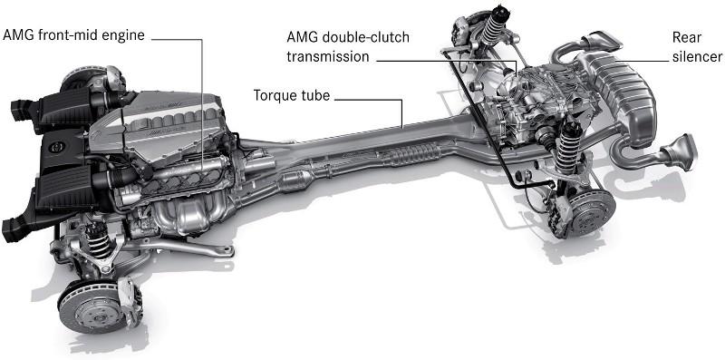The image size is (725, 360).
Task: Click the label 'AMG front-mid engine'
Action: point(74,35)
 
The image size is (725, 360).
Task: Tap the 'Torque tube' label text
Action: point(291,96)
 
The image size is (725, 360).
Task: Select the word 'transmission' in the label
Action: point(328,56)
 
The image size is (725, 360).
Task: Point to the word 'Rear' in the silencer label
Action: point(687,36)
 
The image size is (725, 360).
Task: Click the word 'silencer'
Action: point(697,56)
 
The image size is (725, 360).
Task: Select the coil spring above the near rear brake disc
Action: point(568,148)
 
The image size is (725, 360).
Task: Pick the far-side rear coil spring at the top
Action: point(494,25)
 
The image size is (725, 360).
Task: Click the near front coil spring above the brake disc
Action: point(98,239)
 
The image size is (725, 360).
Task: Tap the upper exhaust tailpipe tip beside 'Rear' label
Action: point(603,42)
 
